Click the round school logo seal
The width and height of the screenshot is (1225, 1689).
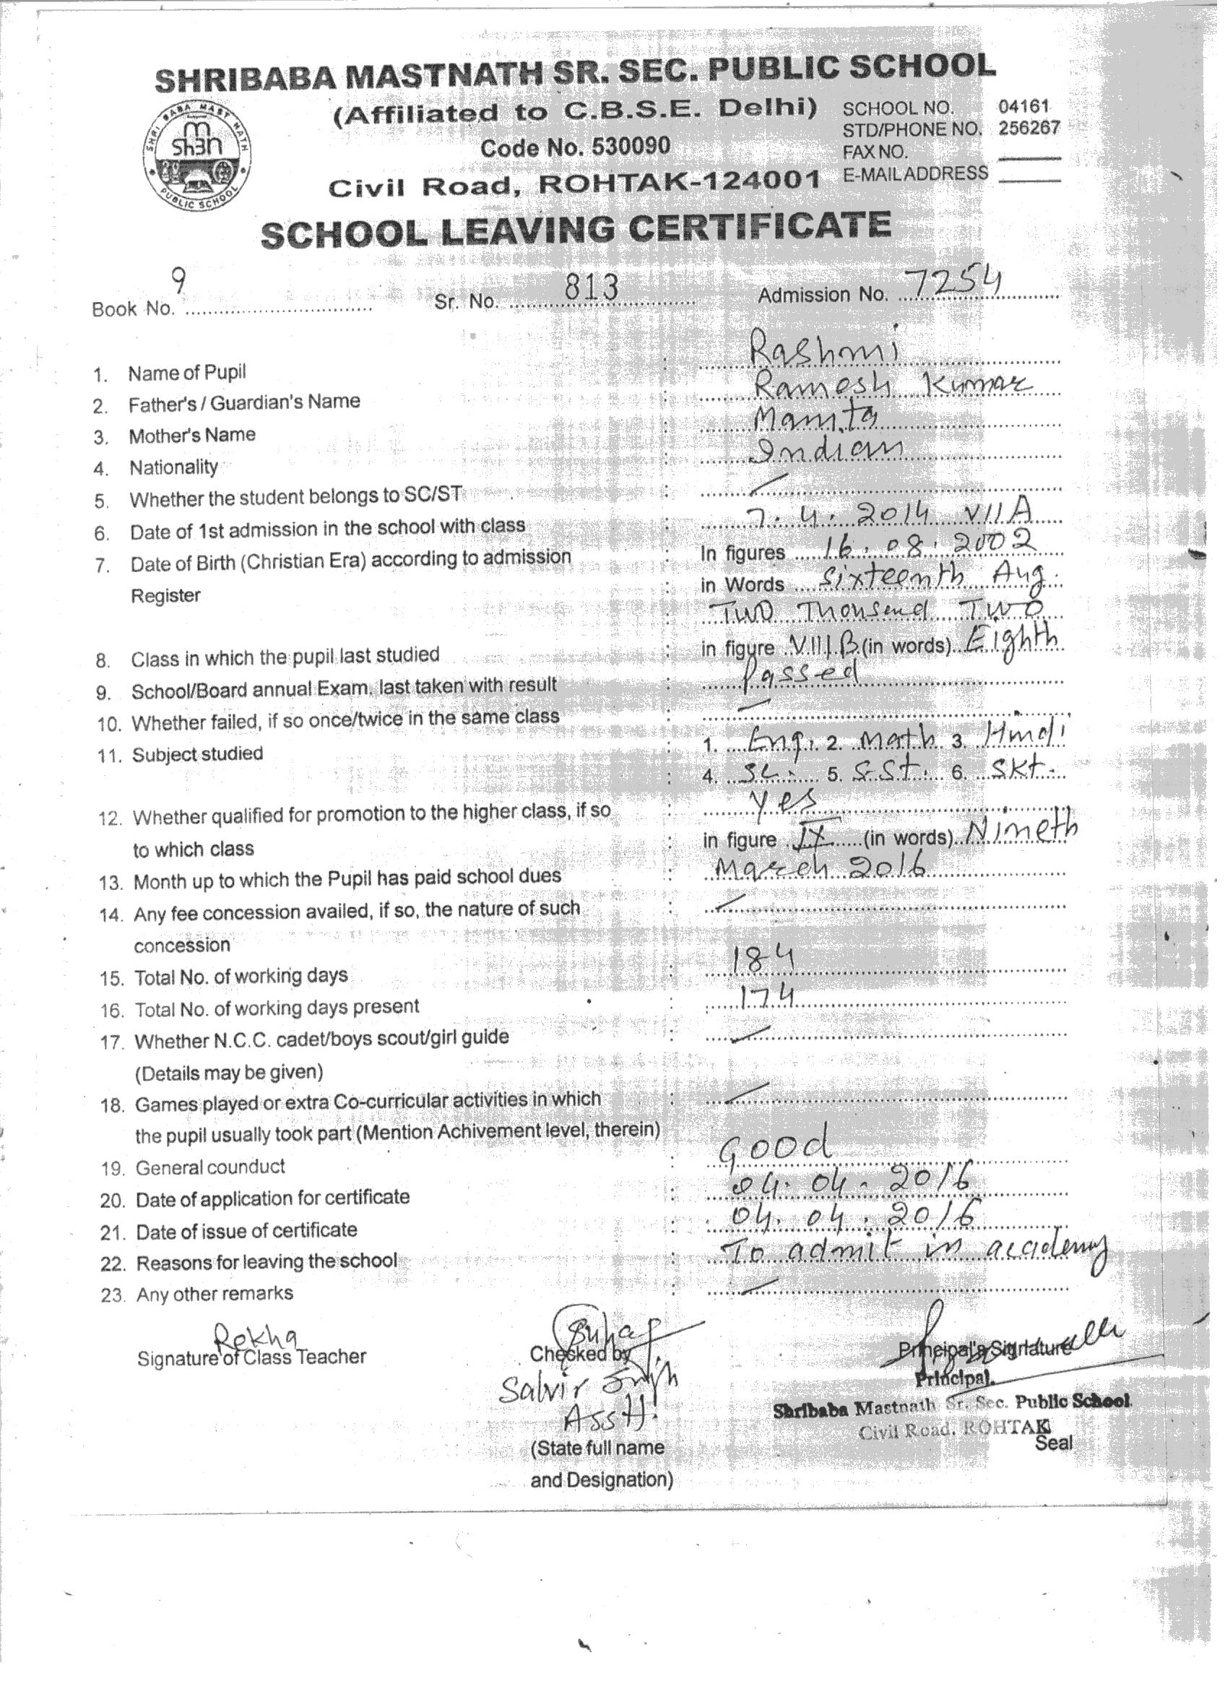coord(196,159)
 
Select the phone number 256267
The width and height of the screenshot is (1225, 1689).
coord(1029,127)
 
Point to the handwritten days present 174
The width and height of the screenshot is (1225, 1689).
coord(759,996)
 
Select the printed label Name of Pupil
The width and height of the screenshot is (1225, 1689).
coord(187,372)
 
